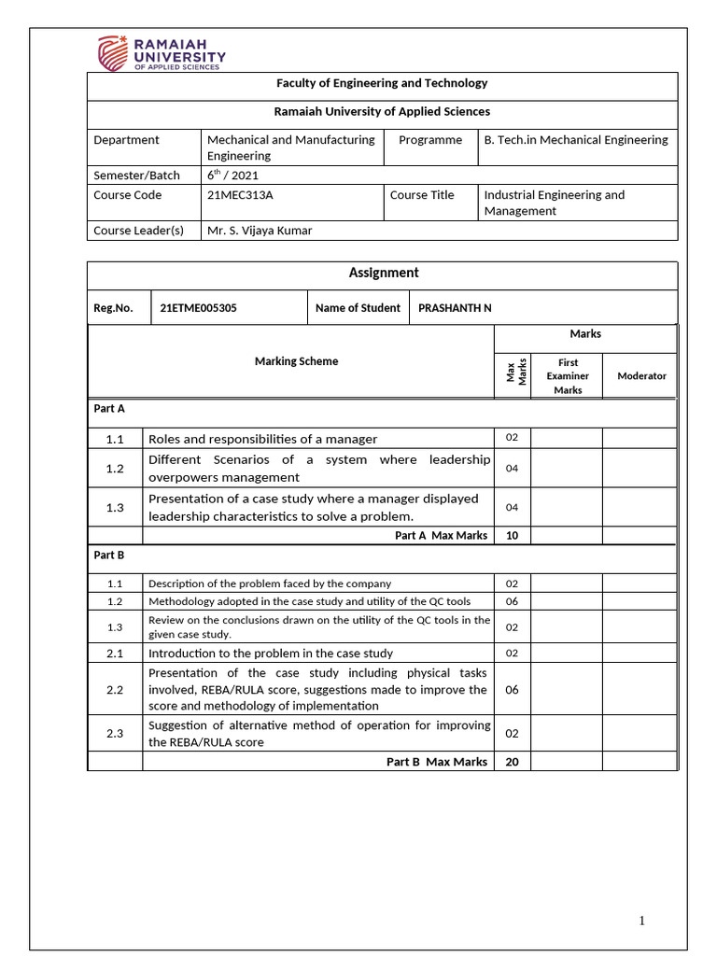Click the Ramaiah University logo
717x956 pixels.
pyautogui.click(x=162, y=52)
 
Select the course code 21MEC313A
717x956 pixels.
pyautogui.click(x=239, y=195)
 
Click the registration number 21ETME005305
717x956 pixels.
pyautogui.click(x=198, y=307)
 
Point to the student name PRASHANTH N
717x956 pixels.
pyautogui.click(x=455, y=307)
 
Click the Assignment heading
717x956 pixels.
pyautogui.click(x=383, y=273)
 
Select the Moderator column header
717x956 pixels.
pyautogui.click(x=641, y=375)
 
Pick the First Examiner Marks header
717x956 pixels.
pyautogui.click(x=568, y=375)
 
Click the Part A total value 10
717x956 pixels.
pyautogui.click(x=512, y=536)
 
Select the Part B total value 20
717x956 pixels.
pyautogui.click(x=512, y=762)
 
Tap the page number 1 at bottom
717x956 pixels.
pyautogui.click(x=641, y=921)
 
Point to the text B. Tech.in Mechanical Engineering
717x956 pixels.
pyautogui.click(x=575, y=140)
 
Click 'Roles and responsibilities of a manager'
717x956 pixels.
pyautogui.click(x=262, y=439)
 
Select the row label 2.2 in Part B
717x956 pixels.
pyautogui.click(x=115, y=689)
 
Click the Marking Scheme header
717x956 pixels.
pyautogui.click(x=296, y=361)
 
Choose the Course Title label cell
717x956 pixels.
pyautogui.click(x=422, y=195)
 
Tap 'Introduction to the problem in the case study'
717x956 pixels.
pyautogui.click(x=271, y=654)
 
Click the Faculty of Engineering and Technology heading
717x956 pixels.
pyautogui.click(x=382, y=83)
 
